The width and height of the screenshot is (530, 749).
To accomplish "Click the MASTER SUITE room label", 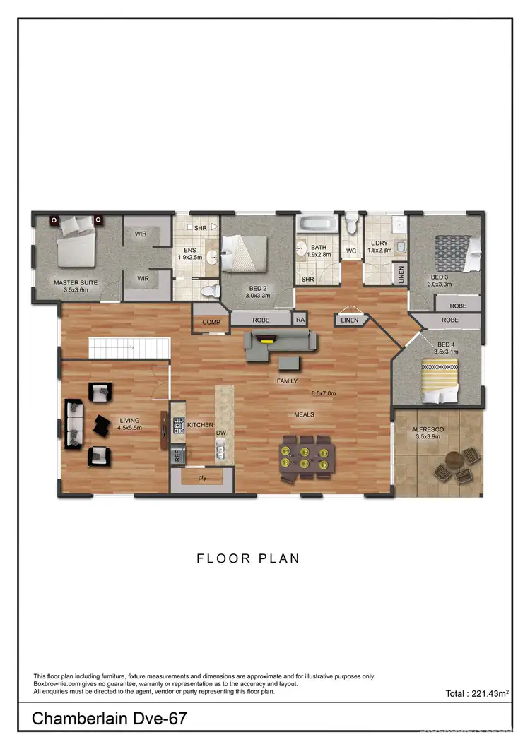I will click(x=76, y=282).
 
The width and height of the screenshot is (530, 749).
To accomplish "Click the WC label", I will click(x=351, y=251).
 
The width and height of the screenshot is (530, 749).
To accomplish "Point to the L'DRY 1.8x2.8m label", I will click(x=379, y=246).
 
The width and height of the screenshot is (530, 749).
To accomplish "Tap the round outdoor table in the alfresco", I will click(x=454, y=466).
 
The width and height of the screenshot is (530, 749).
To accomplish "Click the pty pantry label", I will click(x=201, y=478).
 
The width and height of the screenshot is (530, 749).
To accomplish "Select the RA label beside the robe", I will click(x=300, y=320).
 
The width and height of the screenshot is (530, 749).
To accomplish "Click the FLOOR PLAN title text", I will click(x=248, y=558).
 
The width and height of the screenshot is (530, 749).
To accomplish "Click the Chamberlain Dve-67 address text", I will click(x=110, y=719).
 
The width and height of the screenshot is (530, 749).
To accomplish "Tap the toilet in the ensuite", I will click(x=208, y=290).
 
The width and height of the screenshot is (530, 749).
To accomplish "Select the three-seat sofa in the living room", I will click(x=73, y=424).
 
